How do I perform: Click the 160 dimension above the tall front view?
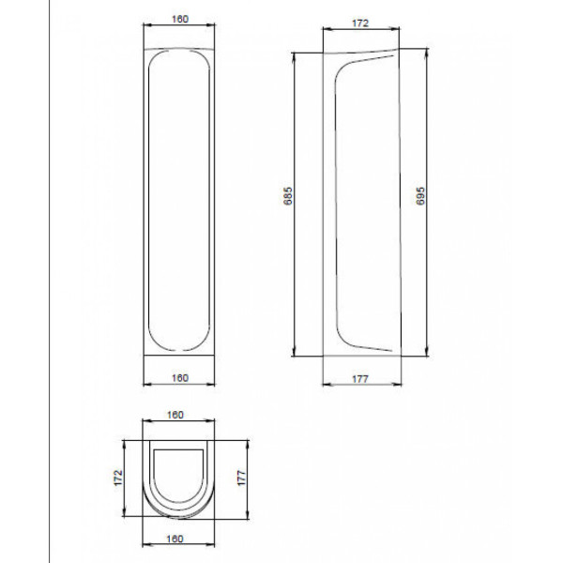pos(180,19)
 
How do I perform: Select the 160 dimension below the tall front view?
pos(180,378)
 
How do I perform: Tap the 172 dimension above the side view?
pos(360,23)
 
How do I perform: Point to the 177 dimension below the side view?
pos(360,379)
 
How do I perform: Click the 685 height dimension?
pos(288,196)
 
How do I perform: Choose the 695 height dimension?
pos(420,196)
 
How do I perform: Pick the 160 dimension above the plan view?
pos(175,415)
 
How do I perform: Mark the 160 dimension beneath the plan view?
pos(175,539)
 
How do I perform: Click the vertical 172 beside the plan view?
pos(118,478)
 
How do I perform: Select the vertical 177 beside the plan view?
pos(242,478)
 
